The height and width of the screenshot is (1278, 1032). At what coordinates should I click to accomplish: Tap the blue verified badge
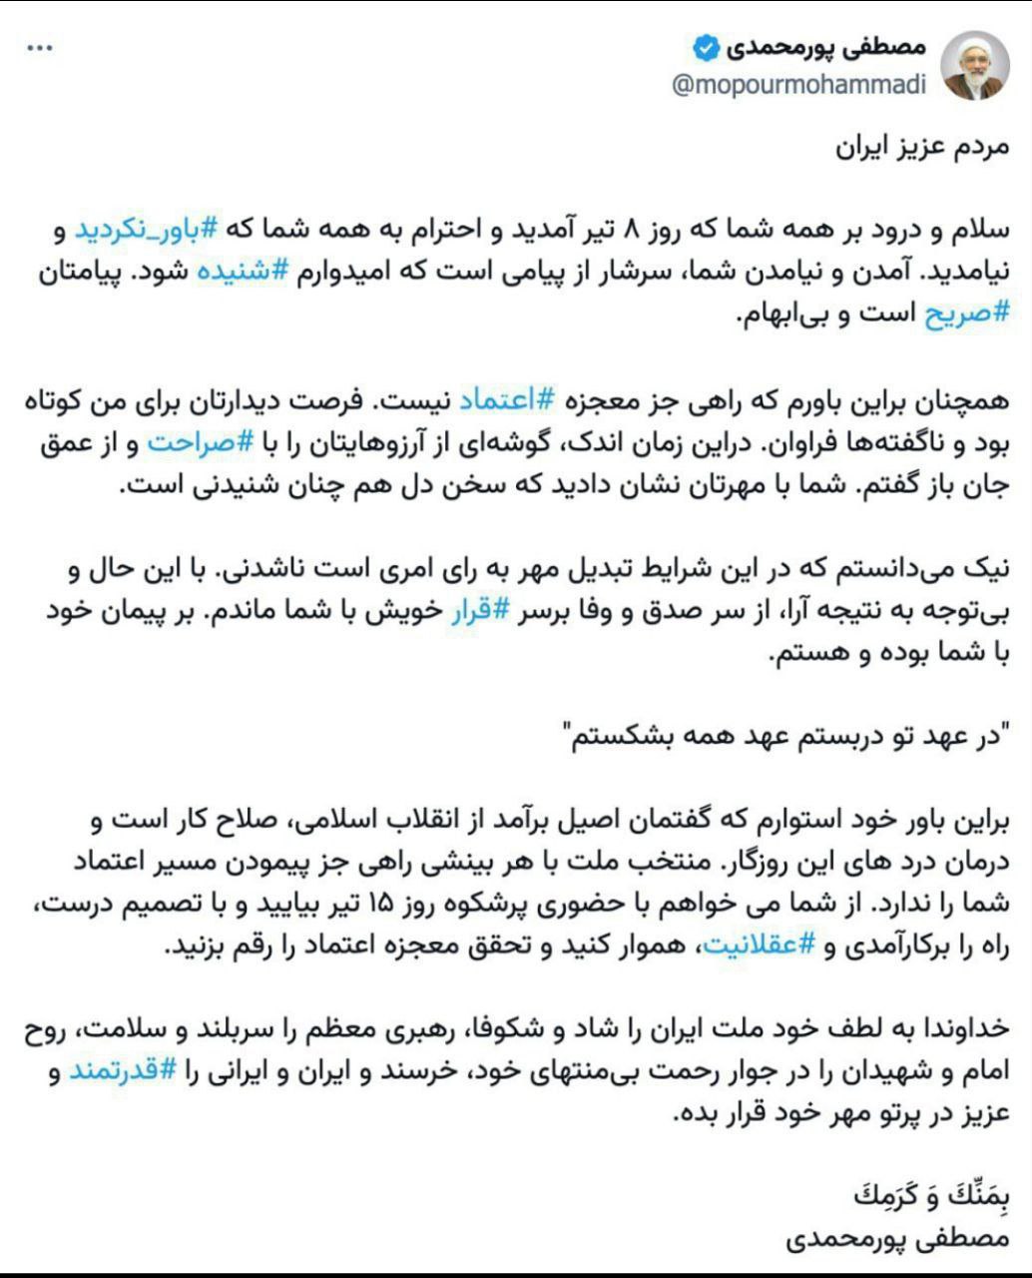[706, 47]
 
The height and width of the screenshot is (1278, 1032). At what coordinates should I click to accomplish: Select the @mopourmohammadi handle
[799, 85]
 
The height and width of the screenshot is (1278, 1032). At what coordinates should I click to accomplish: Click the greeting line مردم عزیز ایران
[922, 146]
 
